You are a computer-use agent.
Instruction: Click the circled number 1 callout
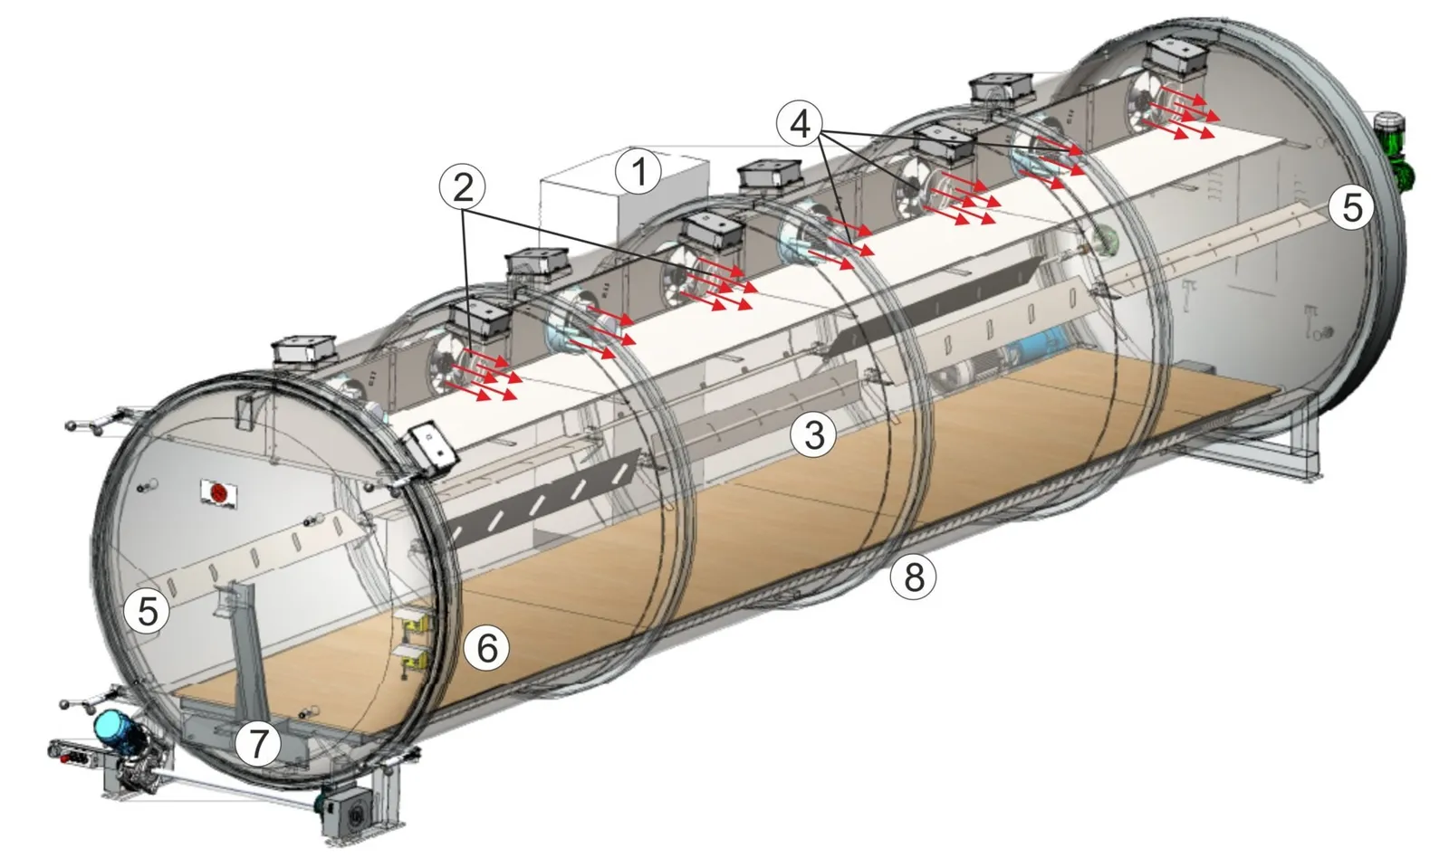coord(638,173)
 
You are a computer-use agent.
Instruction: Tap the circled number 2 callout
coord(463,188)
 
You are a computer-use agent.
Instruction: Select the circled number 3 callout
coord(814,434)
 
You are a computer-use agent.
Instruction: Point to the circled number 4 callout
coord(801,123)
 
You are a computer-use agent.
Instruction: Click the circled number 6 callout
coord(486,648)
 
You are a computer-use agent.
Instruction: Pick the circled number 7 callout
coord(257,744)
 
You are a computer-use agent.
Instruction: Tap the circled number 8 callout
coord(913,576)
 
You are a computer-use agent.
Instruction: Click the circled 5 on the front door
coord(148,611)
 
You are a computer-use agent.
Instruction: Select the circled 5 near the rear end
coord(1351,208)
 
